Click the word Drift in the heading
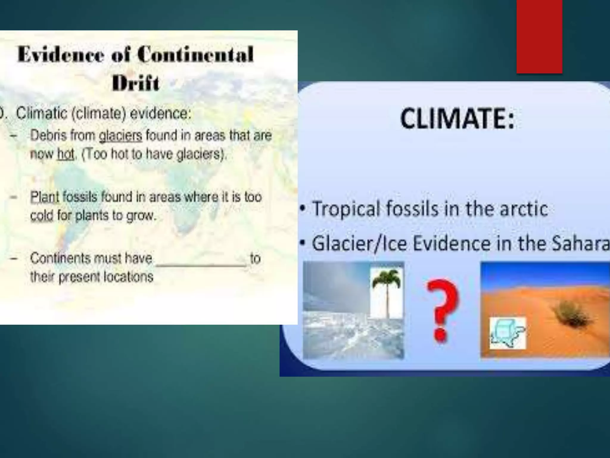pyautogui.click(x=136, y=83)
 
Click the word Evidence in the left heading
pyautogui.click(x=60, y=55)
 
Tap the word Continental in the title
pyautogui.click(x=195, y=55)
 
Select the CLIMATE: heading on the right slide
pyautogui.click(x=457, y=119)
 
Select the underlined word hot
pyautogui.click(x=66, y=155)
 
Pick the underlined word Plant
pyautogui.click(x=45, y=197)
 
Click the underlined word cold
pyautogui.click(x=42, y=216)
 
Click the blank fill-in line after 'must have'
pyautogui.click(x=201, y=264)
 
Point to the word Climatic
pyautogui.click(x=42, y=114)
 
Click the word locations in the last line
pyautogui.click(x=128, y=277)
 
